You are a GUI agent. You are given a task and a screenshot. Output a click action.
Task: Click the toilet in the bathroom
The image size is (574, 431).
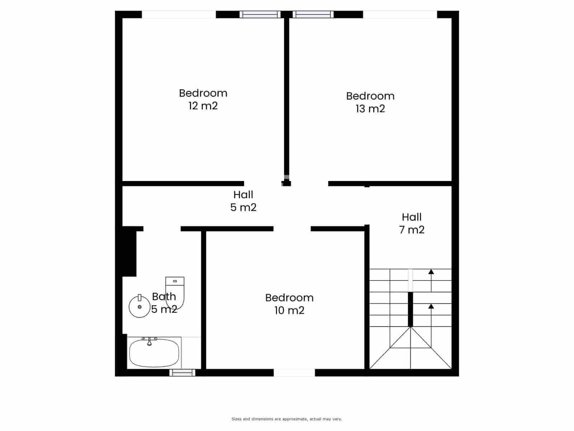(x=175, y=292)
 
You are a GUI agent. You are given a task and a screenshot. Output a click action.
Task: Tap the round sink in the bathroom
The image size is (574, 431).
(x=139, y=306)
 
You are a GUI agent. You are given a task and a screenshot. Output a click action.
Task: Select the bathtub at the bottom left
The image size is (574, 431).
(x=154, y=353)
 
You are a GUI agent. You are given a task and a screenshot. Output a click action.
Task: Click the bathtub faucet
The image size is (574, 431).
(x=150, y=341)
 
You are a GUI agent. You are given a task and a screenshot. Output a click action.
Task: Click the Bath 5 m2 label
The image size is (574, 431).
(x=164, y=303)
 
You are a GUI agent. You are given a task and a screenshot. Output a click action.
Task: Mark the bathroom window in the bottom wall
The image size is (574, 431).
(x=182, y=373)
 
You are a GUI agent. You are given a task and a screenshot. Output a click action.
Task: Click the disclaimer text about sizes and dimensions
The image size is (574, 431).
(x=287, y=419)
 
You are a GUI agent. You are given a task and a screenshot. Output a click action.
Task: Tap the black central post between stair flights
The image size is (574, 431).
(x=410, y=309)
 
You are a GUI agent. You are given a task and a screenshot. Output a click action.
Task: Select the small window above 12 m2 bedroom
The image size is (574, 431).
(x=260, y=14)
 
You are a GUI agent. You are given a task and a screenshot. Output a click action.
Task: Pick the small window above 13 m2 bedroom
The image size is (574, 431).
(x=313, y=14)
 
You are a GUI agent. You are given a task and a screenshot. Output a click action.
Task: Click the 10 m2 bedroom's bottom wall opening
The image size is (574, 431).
(x=294, y=373)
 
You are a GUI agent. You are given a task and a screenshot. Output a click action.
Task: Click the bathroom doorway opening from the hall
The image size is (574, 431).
(x=162, y=229)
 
